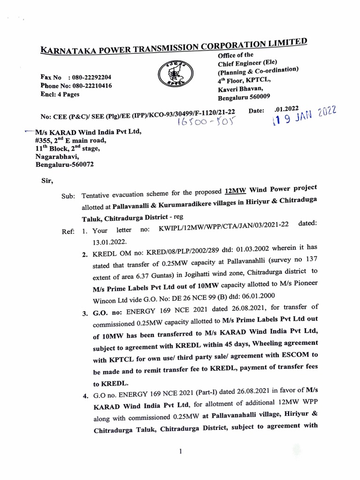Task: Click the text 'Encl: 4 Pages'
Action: (x=60, y=94)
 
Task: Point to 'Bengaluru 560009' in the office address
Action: (x=244, y=97)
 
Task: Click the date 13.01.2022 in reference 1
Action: (x=110, y=240)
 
